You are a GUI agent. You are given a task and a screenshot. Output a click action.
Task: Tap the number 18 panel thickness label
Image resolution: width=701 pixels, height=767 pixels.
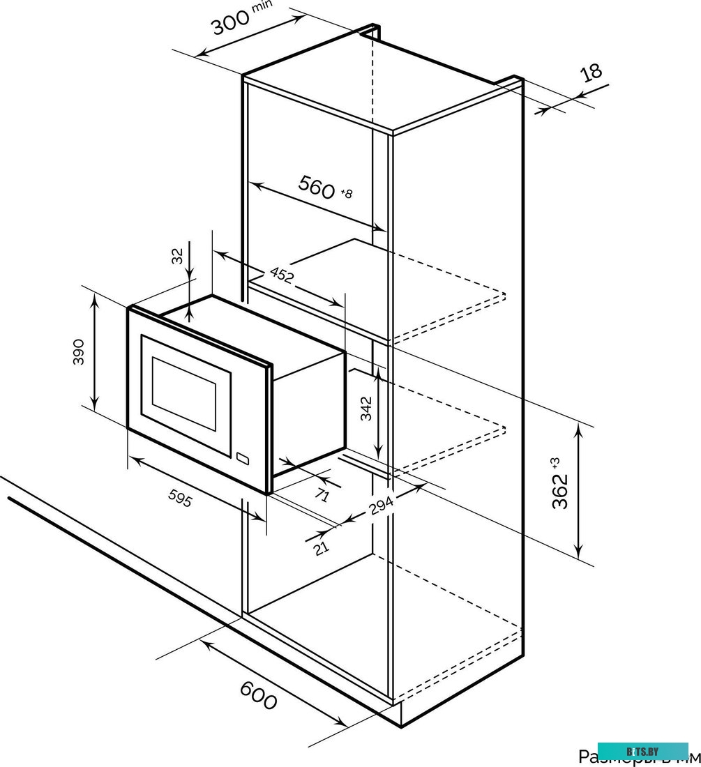(590, 73)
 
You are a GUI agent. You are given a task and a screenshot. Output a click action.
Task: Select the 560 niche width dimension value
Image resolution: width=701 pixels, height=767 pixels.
(317, 187)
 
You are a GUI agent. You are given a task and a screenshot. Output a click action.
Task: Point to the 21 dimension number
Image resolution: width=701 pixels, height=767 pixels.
(321, 548)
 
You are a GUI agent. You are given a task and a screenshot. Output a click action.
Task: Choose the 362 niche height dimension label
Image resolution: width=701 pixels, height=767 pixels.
(561, 491)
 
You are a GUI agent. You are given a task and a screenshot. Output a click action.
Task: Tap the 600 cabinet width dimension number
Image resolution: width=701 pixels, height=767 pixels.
(258, 694)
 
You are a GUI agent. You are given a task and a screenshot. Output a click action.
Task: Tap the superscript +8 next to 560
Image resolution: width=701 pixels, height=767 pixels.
(347, 194)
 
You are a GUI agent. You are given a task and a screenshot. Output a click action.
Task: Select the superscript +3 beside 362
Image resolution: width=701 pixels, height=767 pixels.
(555, 462)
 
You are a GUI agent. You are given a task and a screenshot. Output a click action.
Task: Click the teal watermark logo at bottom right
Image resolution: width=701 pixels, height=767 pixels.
(642, 752)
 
